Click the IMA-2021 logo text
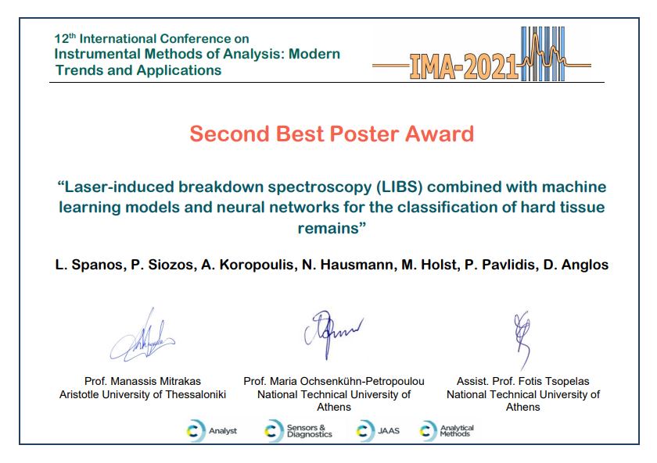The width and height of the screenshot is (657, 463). pyautogui.click(x=464, y=67)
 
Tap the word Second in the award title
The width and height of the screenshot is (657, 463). pyautogui.click(x=228, y=134)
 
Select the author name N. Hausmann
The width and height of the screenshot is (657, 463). pyautogui.click(x=347, y=265)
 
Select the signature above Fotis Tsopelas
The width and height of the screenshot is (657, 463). pyautogui.click(x=522, y=339)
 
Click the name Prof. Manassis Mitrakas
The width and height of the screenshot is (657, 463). pyautogui.click(x=142, y=382)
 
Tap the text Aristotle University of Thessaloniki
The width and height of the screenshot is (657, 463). pyautogui.click(x=142, y=394)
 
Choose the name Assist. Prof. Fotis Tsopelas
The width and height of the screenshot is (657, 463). pyautogui.click(x=523, y=382)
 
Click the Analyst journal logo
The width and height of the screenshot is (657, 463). pyautogui.click(x=212, y=431)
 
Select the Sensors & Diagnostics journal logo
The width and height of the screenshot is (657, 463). pyautogui.click(x=298, y=431)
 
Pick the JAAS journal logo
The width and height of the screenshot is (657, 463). pyautogui.click(x=378, y=431)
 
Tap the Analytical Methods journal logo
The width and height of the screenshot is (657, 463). pyautogui.click(x=447, y=431)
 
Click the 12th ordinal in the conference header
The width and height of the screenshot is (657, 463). pyautogui.click(x=65, y=38)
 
